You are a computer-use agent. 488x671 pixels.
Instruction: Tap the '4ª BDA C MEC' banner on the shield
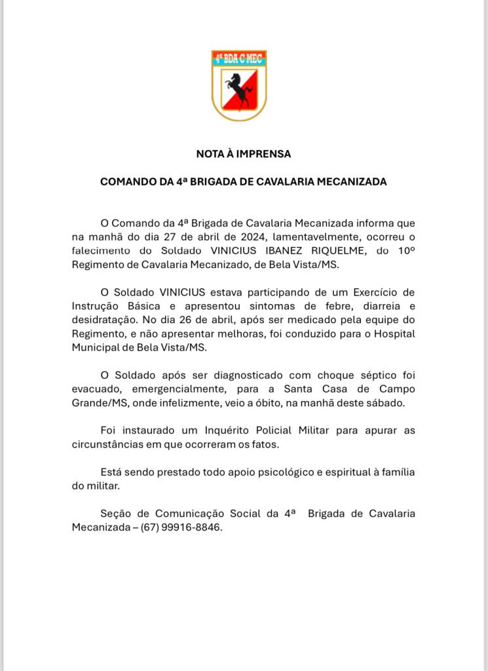click(x=239, y=59)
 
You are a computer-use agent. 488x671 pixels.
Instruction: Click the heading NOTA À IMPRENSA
click(x=244, y=155)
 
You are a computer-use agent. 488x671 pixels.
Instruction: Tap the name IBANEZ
click(x=286, y=250)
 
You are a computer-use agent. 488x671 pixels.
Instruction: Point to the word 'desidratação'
click(x=103, y=319)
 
